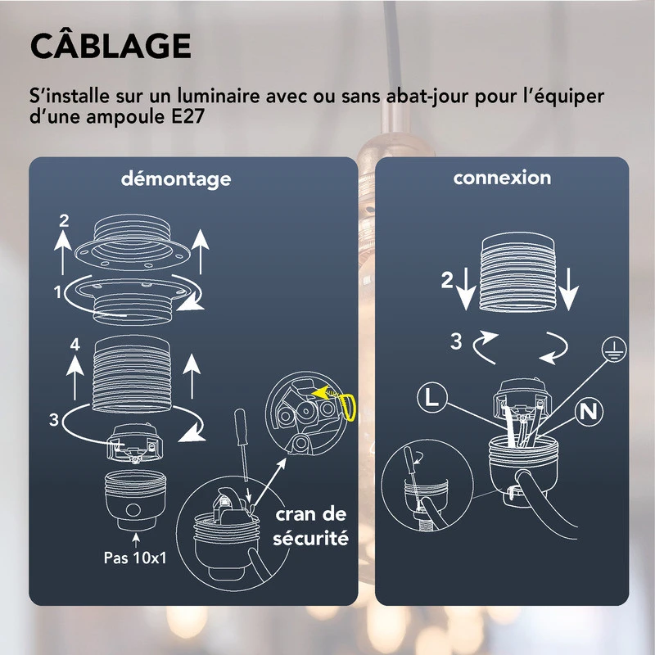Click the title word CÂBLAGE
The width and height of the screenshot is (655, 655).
(x=111, y=46)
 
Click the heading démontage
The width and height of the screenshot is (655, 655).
(x=176, y=178)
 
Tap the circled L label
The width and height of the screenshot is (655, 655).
(x=431, y=399)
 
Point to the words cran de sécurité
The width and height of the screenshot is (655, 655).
(x=310, y=526)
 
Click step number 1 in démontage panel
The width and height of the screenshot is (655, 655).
(x=57, y=291)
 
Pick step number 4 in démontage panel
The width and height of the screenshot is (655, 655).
(x=75, y=346)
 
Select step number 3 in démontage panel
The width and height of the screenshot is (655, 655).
(x=54, y=421)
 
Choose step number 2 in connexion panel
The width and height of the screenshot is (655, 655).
(x=445, y=281)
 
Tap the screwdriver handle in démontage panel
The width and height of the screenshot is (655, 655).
(x=242, y=431)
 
